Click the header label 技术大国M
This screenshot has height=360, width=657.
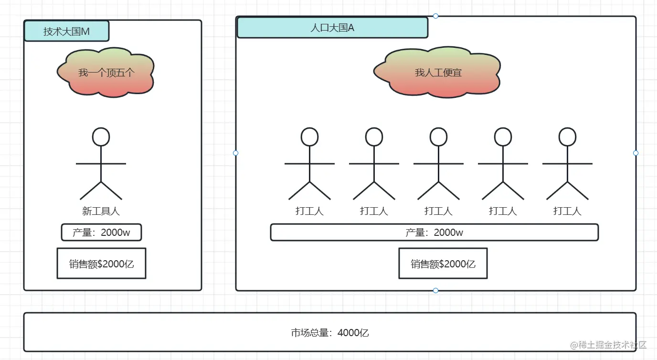(x=66, y=32)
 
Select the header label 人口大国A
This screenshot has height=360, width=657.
(x=332, y=28)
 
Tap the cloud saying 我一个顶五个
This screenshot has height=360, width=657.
(x=106, y=73)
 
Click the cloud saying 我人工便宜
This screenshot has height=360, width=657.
(x=438, y=73)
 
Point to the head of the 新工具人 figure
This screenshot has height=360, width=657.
(x=101, y=137)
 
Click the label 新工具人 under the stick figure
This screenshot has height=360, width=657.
(x=101, y=211)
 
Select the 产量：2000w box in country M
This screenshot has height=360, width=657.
(x=101, y=233)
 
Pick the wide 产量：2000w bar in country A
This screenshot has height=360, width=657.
(x=434, y=233)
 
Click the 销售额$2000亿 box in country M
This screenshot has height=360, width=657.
(x=101, y=264)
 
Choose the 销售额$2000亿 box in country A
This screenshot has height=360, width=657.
(x=443, y=264)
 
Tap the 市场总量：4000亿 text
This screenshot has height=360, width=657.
(x=330, y=333)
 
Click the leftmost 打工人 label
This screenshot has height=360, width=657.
(x=309, y=211)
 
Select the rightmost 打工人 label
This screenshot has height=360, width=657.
(x=567, y=211)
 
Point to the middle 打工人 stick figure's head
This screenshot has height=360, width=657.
(x=438, y=137)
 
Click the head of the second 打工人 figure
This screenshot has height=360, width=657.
(x=374, y=137)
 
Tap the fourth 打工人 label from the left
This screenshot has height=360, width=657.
(x=503, y=211)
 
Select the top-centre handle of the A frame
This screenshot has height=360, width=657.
(x=435, y=16)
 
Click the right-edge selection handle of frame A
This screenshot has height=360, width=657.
(x=636, y=153)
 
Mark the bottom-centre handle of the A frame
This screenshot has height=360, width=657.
(x=435, y=290)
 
